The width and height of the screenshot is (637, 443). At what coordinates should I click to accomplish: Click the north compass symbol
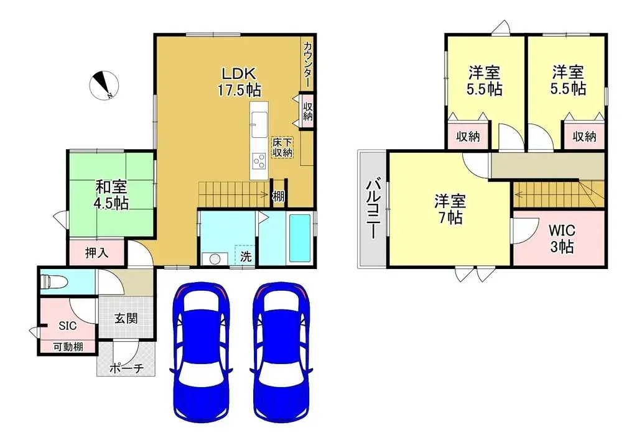pyautogui.click(x=103, y=86)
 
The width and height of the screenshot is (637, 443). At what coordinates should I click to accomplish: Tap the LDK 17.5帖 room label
pyautogui.click(x=238, y=81)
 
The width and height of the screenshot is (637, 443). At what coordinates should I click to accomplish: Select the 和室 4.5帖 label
pyautogui.click(x=112, y=194)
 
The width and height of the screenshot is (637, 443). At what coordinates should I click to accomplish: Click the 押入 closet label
pyautogui.click(x=96, y=253)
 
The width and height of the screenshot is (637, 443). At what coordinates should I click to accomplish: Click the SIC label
pyautogui.click(x=67, y=326)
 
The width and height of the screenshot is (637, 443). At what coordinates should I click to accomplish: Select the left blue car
pyautogui.click(x=202, y=351)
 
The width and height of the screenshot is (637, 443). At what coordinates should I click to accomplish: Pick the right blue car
pyautogui.click(x=280, y=351)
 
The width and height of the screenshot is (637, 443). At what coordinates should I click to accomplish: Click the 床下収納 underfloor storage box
pyautogui.click(x=282, y=147)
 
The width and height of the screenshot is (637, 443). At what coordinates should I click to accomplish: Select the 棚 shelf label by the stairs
pyautogui.click(x=278, y=197)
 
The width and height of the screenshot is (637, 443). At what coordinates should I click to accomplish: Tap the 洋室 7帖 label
pyautogui.click(x=448, y=209)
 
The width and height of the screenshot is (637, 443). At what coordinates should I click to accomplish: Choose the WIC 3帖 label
pyautogui.click(x=561, y=238)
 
